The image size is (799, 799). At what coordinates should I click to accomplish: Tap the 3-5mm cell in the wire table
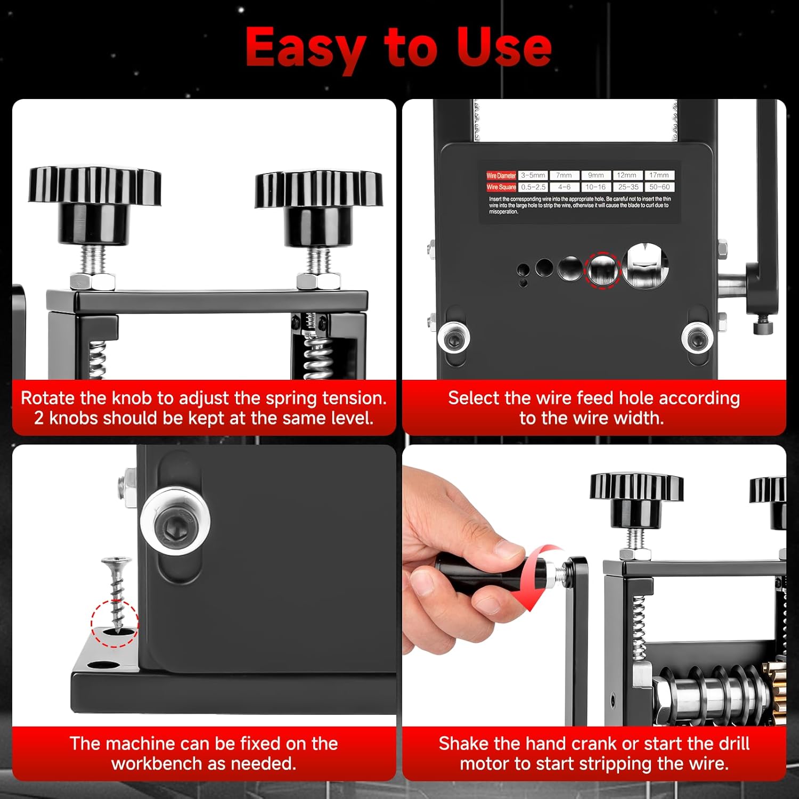point(533,175)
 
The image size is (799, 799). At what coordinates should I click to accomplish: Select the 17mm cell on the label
point(659,175)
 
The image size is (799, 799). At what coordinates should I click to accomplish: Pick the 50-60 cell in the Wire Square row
point(659,187)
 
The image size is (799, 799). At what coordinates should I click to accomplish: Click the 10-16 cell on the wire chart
point(596,187)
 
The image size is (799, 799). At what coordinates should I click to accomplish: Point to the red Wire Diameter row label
point(501,175)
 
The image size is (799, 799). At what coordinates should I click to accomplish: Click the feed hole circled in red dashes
point(603,270)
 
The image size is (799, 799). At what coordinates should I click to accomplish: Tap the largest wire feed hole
point(646,265)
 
